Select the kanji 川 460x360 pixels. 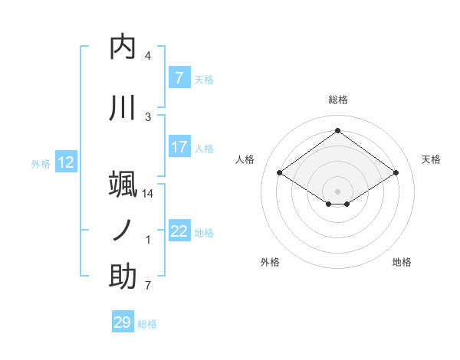tap(123, 108)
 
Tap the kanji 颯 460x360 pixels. tap(123, 185)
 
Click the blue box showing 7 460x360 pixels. tap(179, 77)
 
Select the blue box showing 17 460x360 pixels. tap(179, 147)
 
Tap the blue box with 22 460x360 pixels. tap(179, 231)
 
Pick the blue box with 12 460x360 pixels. tap(66, 162)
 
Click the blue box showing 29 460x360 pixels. tap(122, 322)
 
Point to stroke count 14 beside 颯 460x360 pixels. tap(148, 194)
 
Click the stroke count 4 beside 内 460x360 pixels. tap(148, 56)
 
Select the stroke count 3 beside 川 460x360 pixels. tap(148, 117)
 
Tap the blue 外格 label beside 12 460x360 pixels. tap(41, 163)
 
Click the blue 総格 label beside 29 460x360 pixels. tap(147, 323)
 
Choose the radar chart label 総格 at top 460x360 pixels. tap(338, 100)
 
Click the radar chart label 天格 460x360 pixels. tap(431, 159)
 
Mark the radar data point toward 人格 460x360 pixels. tap(280, 173)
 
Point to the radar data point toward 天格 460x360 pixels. tap(396, 173)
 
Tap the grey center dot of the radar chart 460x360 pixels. tap(338, 191)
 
